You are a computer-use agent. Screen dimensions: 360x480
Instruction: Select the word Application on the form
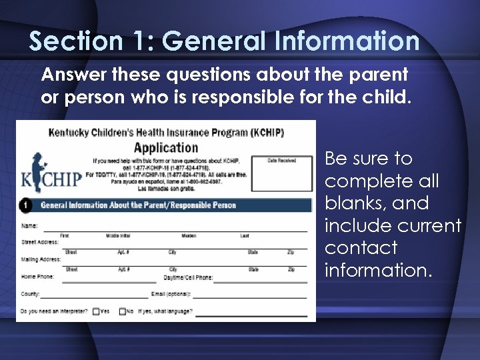coord(166,147)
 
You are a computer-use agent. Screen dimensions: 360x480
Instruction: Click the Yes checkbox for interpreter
coord(96,311)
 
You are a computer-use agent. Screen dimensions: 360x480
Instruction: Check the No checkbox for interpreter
coord(123,311)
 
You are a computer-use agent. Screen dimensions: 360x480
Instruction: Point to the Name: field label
coord(29,226)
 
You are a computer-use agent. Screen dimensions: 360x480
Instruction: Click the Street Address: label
coord(39,243)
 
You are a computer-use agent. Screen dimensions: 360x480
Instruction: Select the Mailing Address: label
coord(41,260)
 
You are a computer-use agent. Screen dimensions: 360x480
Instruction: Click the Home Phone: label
coord(37,277)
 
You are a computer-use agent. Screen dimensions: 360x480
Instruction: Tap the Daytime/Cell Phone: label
coord(188,277)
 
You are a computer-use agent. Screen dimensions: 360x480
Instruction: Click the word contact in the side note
coord(361,248)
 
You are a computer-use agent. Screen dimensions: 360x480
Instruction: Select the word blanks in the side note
coord(353,203)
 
